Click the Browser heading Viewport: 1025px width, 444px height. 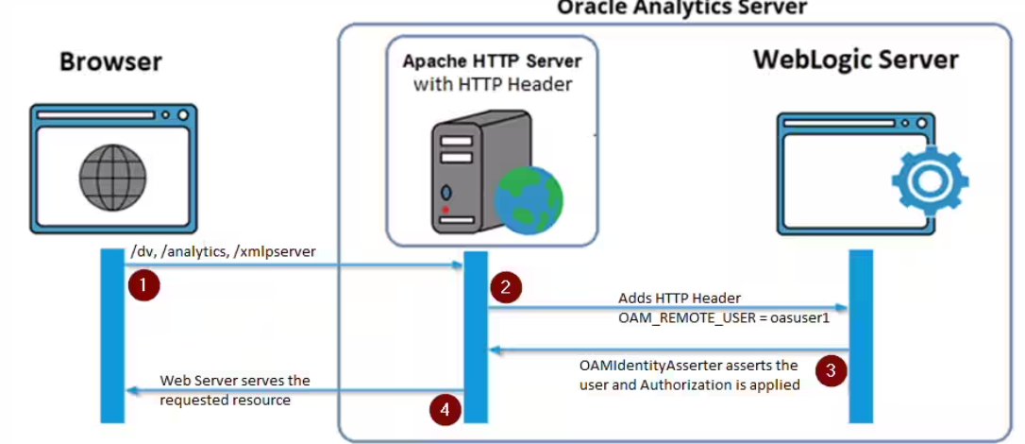110,62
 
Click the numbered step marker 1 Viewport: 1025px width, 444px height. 143,283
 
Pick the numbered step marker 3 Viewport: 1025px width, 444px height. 830,370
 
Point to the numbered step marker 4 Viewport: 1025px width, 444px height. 445,409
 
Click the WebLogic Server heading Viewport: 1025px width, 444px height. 855,60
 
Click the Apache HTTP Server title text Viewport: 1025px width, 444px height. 492,62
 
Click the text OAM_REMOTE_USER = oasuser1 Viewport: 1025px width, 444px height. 723,317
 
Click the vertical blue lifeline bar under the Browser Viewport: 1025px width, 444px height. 112,335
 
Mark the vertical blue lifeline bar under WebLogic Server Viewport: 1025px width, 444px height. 860,335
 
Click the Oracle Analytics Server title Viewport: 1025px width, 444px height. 681,8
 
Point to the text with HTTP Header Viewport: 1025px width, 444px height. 492,85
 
